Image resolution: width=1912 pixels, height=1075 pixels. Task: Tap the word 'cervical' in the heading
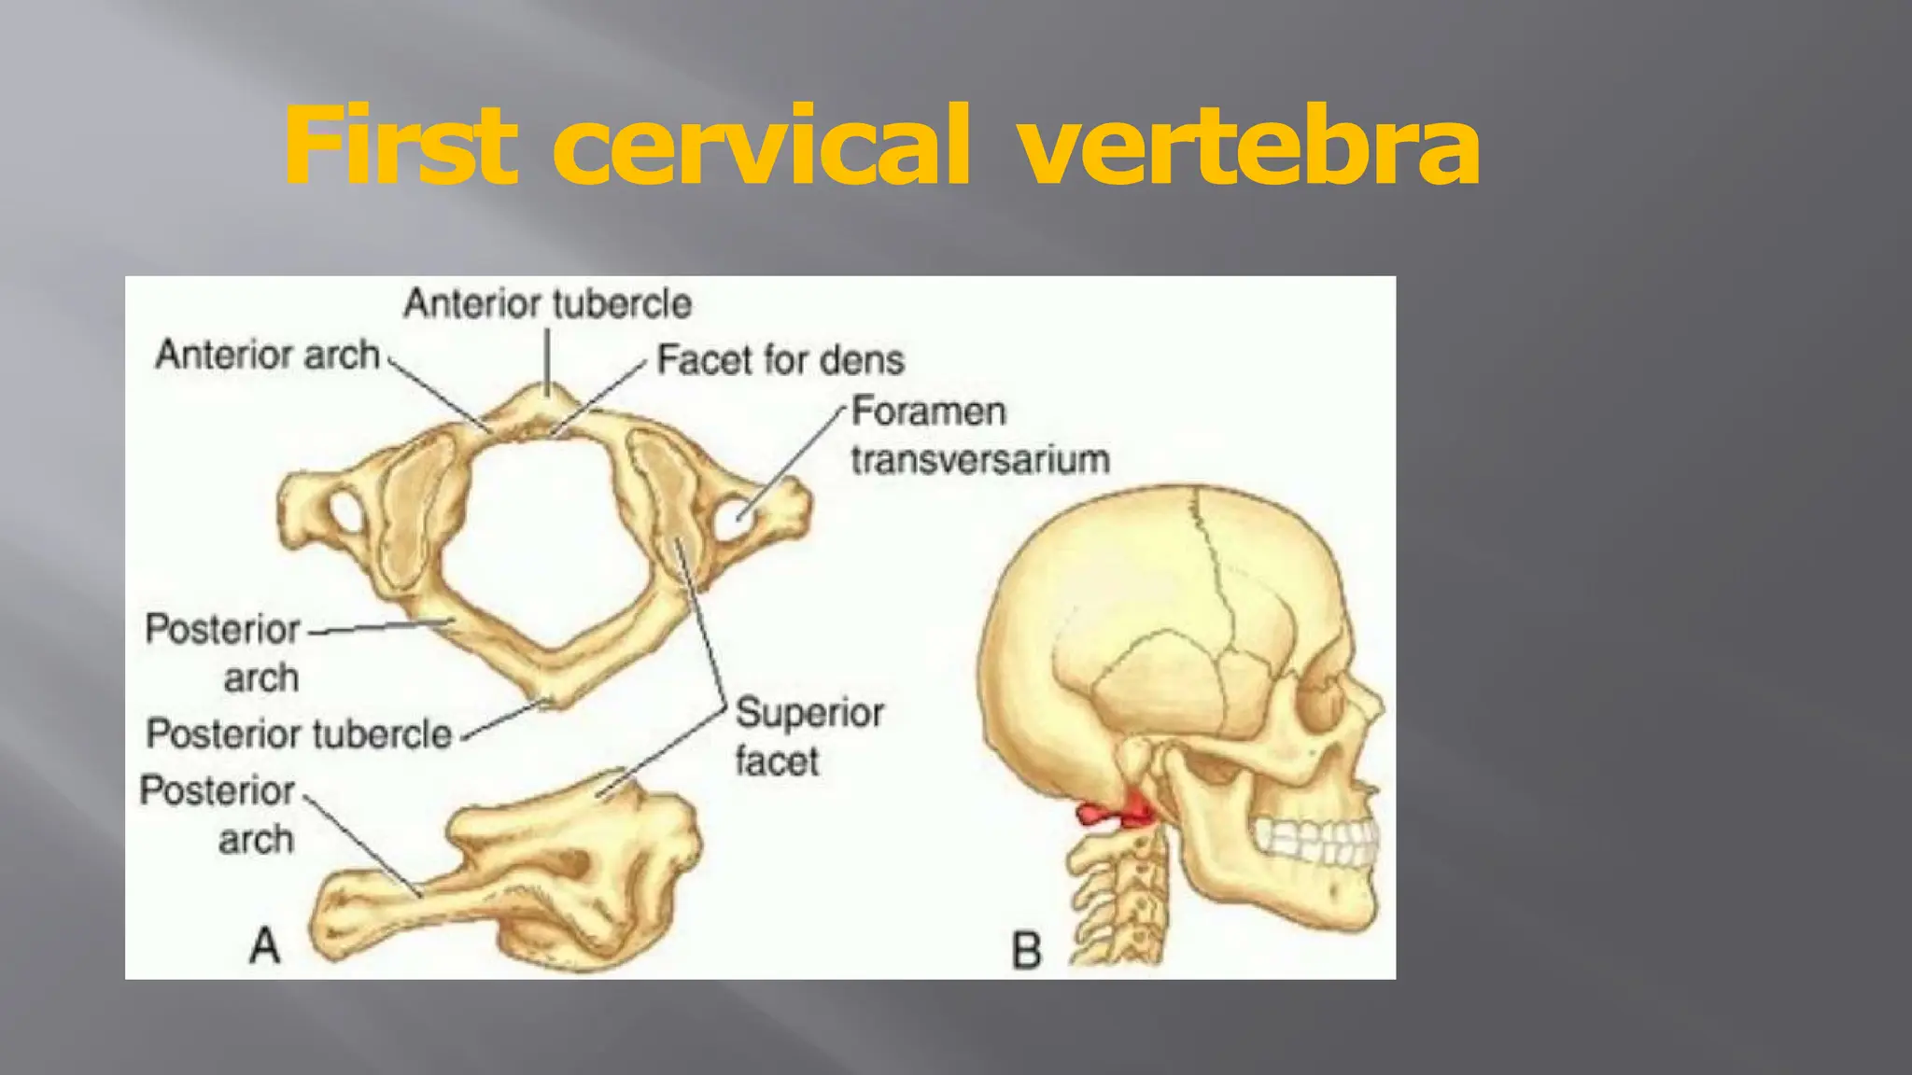pos(761,146)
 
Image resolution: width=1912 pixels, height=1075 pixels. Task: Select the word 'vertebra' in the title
pos(1248,147)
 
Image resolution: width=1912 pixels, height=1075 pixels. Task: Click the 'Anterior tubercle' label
pos(547,303)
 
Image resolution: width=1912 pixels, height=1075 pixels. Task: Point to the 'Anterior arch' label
pos(268,355)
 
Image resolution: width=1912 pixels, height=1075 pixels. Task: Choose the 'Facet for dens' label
pos(780,360)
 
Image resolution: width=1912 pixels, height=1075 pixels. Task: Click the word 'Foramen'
pos(929,412)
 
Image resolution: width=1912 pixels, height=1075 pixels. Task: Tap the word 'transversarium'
pos(980,460)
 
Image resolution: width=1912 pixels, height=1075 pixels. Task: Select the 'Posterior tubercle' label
pos(299,733)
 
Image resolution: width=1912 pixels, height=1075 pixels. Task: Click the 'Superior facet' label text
pos(808,737)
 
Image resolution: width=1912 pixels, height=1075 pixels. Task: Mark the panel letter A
pos(265,945)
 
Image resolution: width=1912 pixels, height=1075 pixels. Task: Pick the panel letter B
pos(1026,951)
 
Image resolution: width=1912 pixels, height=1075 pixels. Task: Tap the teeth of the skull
pos(1316,841)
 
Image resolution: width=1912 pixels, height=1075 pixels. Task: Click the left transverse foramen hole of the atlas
pos(345,511)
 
